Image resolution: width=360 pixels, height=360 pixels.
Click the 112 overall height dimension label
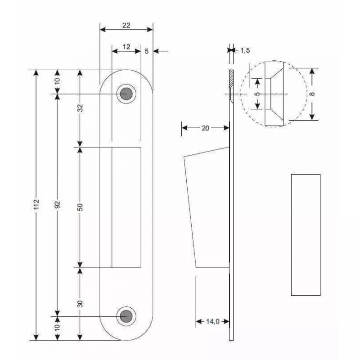[36, 204]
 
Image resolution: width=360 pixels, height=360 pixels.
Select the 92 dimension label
[58, 205]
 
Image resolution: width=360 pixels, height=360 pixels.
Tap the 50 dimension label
[80, 207]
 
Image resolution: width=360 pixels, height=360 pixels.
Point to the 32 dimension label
[80, 108]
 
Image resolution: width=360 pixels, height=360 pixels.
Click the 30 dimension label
[80, 304]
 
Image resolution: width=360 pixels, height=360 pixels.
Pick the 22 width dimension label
[126, 25]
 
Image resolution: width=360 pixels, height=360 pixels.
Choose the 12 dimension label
[126, 47]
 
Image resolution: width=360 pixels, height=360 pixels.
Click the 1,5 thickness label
[245, 50]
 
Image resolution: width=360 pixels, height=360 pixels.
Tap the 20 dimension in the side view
[206, 128]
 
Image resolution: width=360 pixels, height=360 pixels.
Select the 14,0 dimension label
[213, 321]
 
